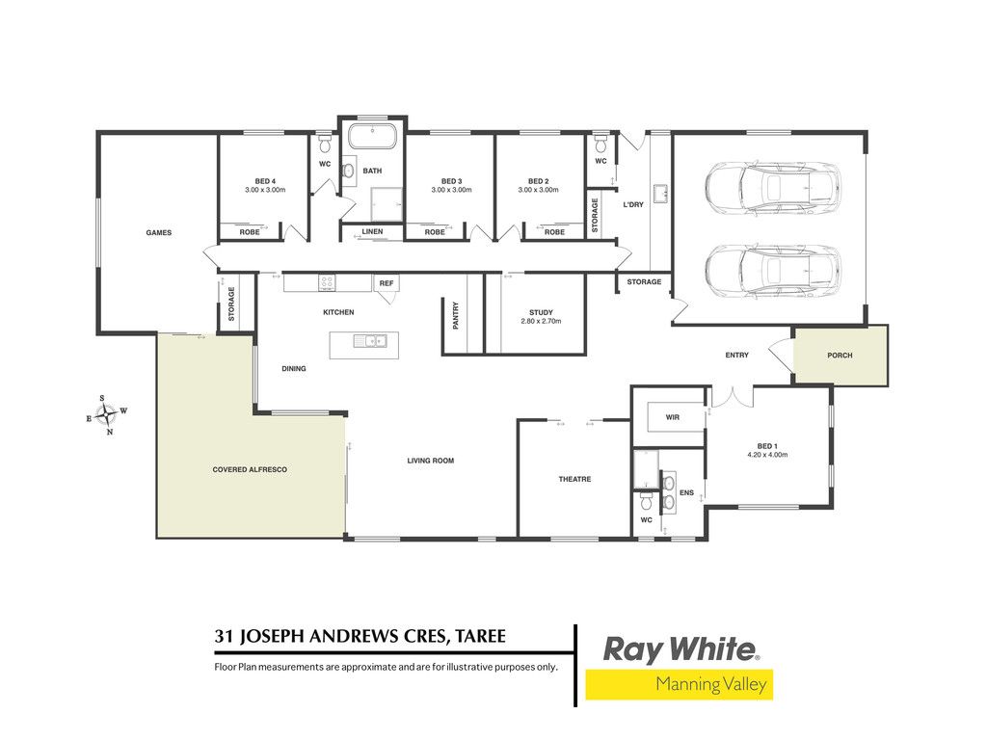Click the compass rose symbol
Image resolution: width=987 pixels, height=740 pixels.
107,415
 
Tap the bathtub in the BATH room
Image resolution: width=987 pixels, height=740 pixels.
373,137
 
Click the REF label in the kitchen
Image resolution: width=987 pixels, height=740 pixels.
387,283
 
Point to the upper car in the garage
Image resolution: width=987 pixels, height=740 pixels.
773,188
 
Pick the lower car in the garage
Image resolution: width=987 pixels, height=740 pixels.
773,271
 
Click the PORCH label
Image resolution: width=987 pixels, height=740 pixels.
840,356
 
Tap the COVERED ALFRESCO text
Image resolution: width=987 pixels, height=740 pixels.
250,469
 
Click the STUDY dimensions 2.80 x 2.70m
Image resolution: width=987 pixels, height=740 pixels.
541,321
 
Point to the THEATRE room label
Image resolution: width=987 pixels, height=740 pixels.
574,480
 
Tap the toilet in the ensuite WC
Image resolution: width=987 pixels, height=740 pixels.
647,501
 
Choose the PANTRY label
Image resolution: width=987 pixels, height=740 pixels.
456,315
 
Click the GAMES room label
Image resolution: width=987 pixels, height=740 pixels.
159,233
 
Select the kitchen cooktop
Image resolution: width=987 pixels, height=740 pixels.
327,282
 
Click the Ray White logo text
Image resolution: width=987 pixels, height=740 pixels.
680,649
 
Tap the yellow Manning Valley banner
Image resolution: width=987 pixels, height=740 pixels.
680,684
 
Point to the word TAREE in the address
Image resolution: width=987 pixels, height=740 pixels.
481,636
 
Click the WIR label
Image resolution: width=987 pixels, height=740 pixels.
672,417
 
